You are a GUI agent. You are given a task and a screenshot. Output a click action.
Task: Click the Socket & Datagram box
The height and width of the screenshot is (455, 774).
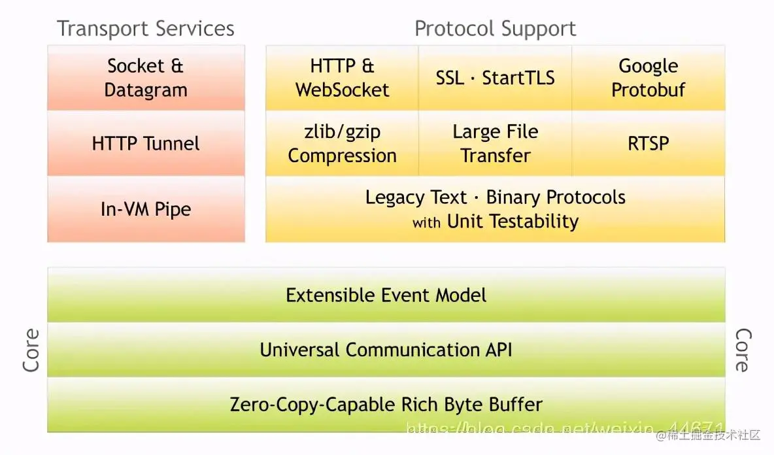click(x=146, y=78)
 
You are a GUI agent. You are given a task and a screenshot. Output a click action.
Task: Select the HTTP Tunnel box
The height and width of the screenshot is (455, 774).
click(x=146, y=143)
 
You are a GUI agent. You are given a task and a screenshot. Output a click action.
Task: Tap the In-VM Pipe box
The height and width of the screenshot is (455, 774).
click(x=146, y=209)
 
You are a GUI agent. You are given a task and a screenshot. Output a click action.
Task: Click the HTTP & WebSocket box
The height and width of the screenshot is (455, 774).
click(x=342, y=78)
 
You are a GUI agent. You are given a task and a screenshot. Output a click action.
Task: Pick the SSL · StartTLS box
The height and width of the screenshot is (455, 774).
click(x=495, y=78)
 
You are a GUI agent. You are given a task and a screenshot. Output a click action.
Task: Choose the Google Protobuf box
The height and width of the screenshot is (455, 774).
click(x=648, y=78)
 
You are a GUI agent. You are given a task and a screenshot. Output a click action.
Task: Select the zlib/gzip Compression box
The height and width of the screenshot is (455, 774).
click(x=342, y=143)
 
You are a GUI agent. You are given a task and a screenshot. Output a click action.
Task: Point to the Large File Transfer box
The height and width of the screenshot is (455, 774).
click(x=495, y=143)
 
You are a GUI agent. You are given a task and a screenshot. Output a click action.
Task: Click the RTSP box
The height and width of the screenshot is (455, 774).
click(x=648, y=143)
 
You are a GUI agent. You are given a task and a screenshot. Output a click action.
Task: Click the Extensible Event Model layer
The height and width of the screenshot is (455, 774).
click(x=386, y=295)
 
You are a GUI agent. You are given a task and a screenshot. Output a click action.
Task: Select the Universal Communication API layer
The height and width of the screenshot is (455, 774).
click(x=386, y=350)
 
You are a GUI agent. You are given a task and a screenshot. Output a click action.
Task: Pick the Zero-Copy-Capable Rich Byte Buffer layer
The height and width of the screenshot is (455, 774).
click(x=386, y=405)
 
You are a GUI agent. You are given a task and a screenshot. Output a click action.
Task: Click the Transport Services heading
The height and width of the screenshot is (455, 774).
click(x=145, y=29)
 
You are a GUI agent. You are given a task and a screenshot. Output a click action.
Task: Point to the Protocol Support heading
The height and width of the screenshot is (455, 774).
click(x=495, y=29)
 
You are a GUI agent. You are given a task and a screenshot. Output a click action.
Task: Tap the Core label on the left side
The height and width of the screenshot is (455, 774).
click(x=31, y=350)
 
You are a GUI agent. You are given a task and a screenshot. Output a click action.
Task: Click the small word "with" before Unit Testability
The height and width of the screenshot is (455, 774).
click(x=426, y=223)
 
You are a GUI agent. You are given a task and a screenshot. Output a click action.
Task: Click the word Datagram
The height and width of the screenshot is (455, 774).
click(x=146, y=90)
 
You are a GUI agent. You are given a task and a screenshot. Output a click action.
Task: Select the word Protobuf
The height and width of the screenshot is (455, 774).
click(x=648, y=90)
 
